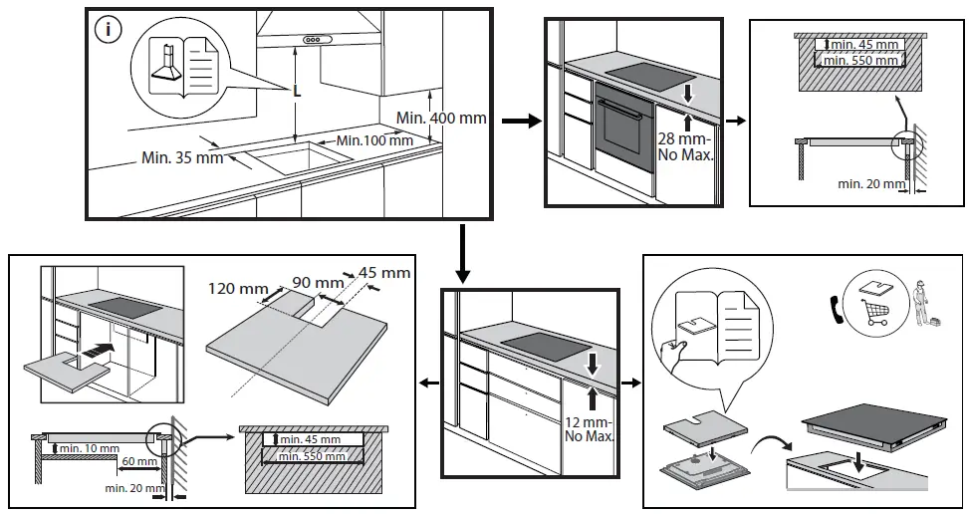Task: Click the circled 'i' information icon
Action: (108, 30)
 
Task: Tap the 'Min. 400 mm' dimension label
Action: (441, 118)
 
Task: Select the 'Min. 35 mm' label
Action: (182, 156)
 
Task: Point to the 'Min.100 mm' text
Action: (373, 140)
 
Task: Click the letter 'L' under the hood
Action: (296, 91)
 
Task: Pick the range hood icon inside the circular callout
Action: (166, 63)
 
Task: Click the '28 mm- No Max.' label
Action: (685, 147)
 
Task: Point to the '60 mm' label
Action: (140, 462)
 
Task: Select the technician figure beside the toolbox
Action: (919, 303)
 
